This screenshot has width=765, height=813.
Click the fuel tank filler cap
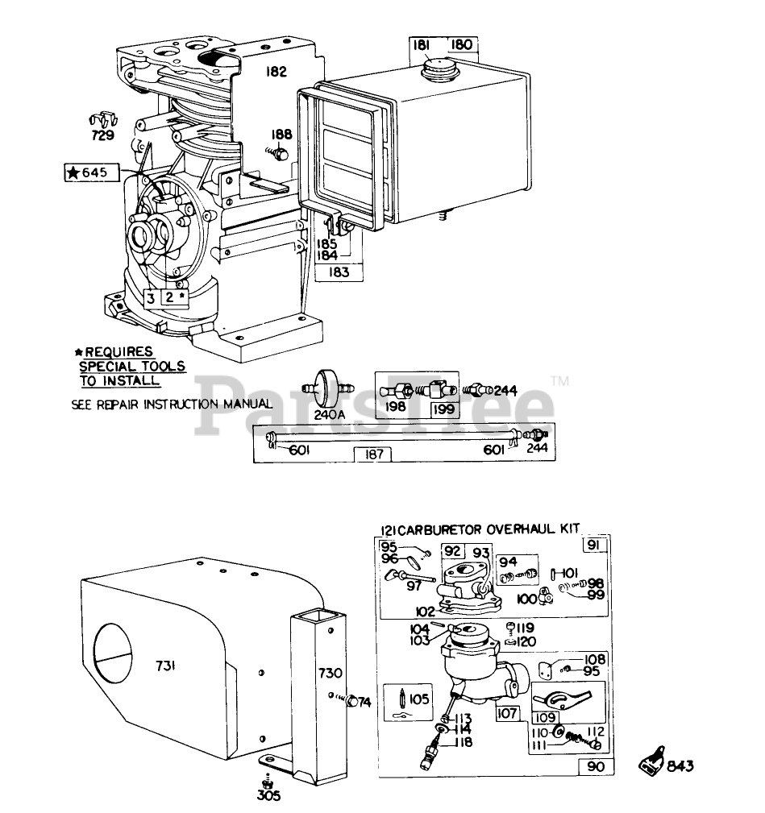coord(440,68)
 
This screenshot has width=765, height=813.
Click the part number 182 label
coord(276,72)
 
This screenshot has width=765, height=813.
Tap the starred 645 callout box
coord(92,172)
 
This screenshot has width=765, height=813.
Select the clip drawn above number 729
coord(102,120)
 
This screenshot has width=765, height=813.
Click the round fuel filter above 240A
coord(328,388)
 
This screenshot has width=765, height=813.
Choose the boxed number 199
coord(443,409)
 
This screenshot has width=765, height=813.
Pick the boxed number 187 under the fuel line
coord(373,454)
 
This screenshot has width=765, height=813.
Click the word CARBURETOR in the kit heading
coord(440,530)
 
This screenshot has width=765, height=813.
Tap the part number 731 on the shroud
coord(165,666)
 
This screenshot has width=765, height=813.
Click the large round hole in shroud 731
coord(113,653)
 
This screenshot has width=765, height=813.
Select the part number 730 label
coord(330,673)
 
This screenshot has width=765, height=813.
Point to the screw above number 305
coord(268,782)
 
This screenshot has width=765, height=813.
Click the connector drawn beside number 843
coord(651,761)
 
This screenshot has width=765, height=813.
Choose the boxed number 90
coord(596,766)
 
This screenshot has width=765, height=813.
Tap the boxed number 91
coord(594,545)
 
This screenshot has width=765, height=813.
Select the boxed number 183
coord(339,272)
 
